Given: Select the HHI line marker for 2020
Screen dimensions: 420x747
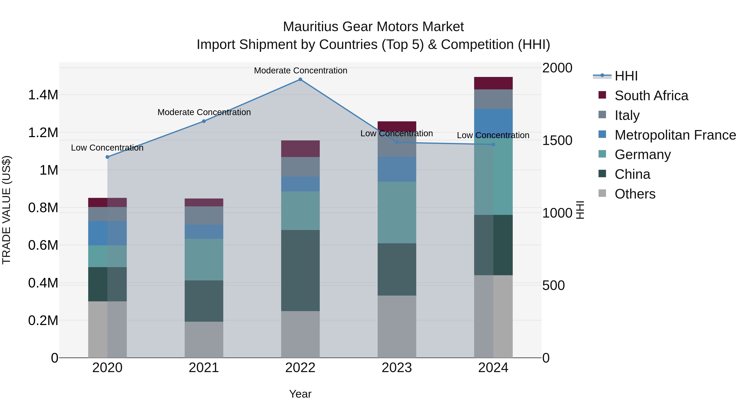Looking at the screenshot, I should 107,157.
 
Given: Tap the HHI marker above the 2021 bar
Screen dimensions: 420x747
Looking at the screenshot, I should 204,121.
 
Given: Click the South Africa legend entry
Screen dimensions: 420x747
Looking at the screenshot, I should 651,96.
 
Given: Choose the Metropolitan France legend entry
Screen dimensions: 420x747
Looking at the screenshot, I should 675,135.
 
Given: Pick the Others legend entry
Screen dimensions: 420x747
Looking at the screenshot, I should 635,194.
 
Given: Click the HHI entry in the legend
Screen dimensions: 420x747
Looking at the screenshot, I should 626,76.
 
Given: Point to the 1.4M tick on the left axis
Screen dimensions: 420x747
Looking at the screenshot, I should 43,95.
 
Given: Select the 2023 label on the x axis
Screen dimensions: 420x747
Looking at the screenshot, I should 397,368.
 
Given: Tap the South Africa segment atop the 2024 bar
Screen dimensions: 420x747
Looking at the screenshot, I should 493,83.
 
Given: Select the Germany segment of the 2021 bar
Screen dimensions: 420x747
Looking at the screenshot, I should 204,259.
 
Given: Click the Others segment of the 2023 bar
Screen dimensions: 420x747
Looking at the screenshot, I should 397,326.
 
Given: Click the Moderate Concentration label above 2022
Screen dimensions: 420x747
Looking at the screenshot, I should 300,71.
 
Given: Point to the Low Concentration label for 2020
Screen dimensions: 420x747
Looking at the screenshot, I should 107,148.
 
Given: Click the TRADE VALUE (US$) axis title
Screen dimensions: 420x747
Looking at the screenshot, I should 6,210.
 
